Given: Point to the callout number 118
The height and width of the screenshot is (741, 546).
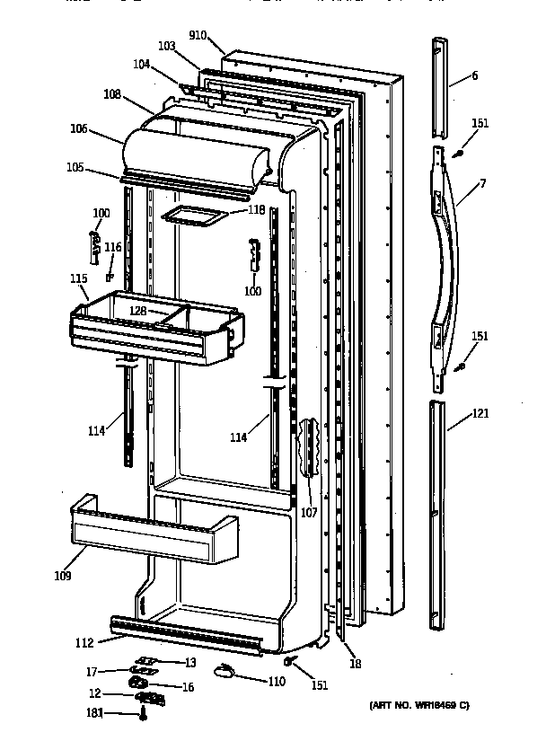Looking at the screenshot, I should (256, 209).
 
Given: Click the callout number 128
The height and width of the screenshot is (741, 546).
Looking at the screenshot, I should (138, 310).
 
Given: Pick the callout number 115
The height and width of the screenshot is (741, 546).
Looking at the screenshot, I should (78, 279).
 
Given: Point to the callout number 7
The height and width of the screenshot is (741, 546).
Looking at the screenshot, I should (482, 184).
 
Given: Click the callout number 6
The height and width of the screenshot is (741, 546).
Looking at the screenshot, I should (474, 76).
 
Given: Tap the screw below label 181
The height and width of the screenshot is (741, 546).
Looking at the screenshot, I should (143, 715).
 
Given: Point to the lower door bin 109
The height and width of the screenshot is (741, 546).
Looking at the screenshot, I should (153, 534).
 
